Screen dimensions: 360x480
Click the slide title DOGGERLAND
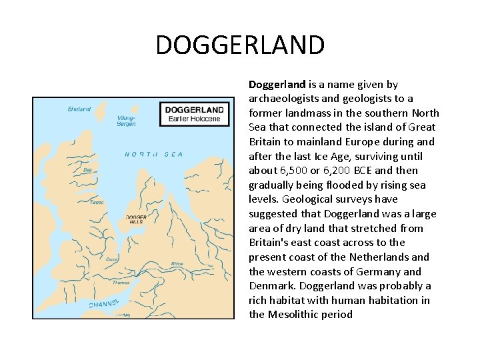pyautogui.click(x=240, y=46)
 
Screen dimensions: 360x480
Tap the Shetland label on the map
pyautogui.click(x=79, y=109)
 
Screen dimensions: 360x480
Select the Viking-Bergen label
pyautogui.click(x=126, y=121)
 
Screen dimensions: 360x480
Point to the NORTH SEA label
pyautogui.click(x=153, y=155)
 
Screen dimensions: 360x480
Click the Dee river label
pyautogui.click(x=87, y=170)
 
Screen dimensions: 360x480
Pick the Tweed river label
pyautogui.click(x=97, y=202)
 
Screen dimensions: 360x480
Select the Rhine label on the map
pyautogui.click(x=177, y=263)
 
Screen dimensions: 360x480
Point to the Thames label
pyautogui.click(x=121, y=283)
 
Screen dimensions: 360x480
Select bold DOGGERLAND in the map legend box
pyautogui.click(x=194, y=109)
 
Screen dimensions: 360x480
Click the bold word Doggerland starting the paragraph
pyautogui.click(x=277, y=85)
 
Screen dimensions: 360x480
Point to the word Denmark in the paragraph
pyautogui.click(x=271, y=286)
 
